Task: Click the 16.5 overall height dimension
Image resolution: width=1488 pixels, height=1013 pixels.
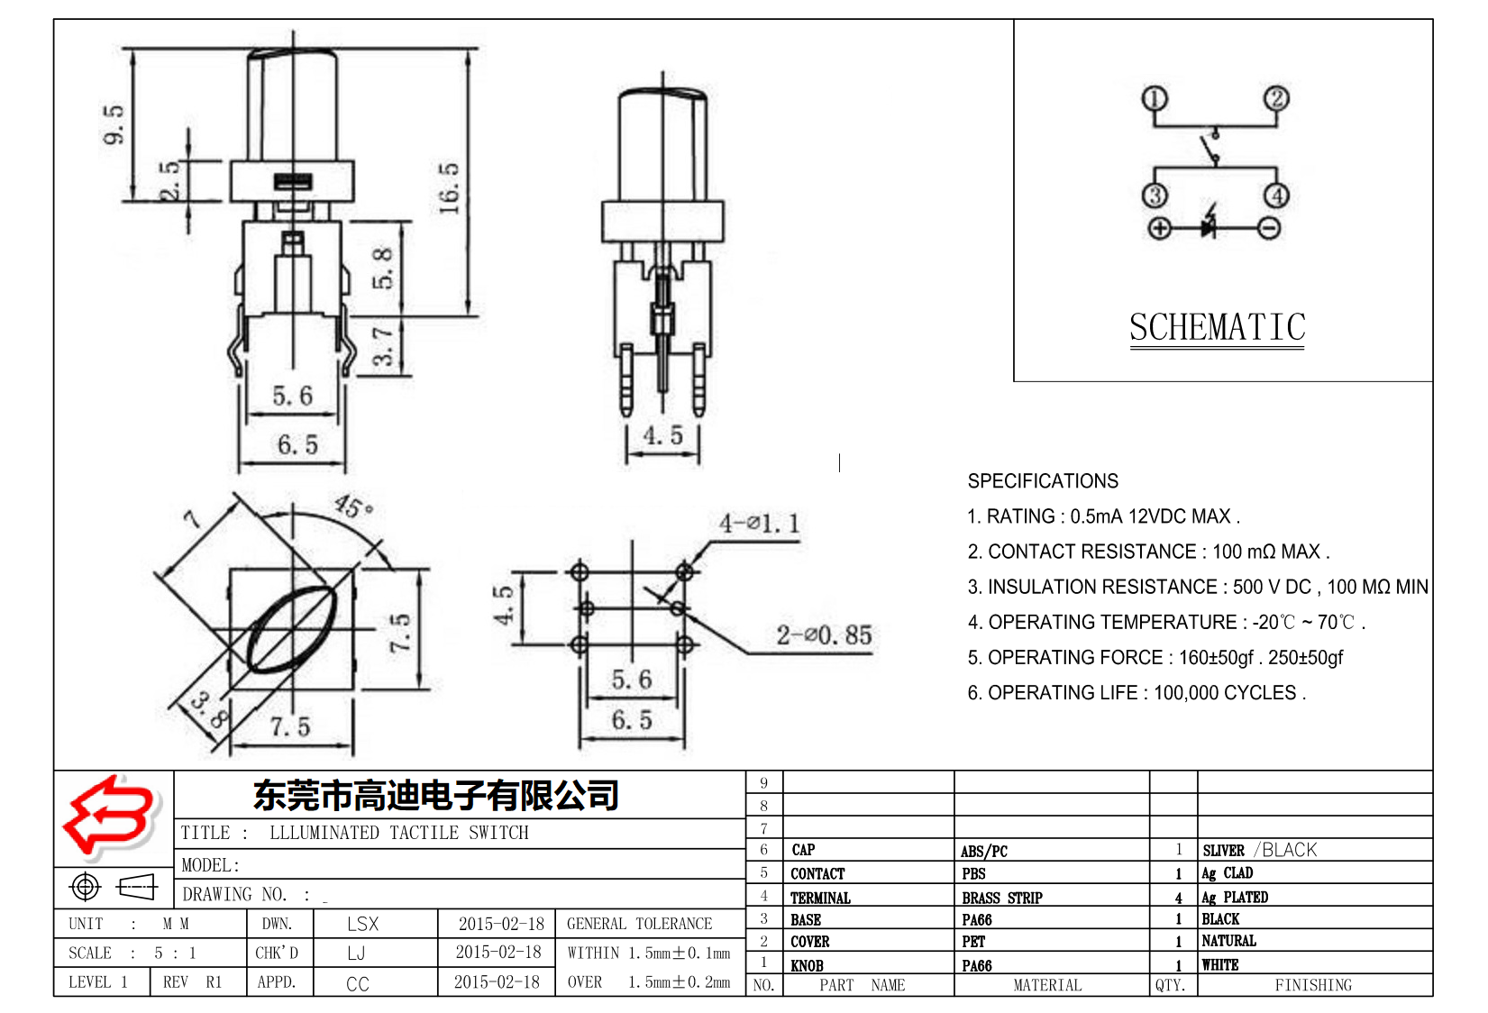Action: coord(449,187)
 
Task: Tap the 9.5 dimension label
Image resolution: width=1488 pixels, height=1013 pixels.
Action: coord(114,124)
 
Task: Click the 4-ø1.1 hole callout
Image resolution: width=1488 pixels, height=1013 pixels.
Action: coord(759,524)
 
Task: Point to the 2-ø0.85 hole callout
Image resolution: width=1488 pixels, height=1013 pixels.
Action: coord(824,635)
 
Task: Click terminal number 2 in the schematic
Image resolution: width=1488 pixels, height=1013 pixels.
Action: coord(1275,98)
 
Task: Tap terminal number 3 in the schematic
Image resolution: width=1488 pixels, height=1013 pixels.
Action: coord(1155,196)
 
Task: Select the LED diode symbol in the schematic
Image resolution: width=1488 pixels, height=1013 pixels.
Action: coord(1210,227)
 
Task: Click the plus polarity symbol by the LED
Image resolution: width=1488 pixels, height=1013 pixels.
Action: coord(1160,228)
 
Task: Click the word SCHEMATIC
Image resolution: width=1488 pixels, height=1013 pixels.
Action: coord(1217,327)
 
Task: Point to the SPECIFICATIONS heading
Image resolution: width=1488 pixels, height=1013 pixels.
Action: coord(1043,481)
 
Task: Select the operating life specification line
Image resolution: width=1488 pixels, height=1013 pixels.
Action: coord(1137,693)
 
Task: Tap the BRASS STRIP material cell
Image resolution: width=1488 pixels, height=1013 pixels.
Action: coord(1001,898)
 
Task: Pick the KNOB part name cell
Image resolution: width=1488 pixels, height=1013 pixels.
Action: coord(807,965)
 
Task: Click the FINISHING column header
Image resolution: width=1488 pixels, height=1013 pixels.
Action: coord(1312,985)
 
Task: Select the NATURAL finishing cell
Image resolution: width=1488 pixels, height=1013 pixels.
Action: coord(1228,941)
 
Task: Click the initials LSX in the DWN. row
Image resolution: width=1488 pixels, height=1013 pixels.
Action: coord(362,924)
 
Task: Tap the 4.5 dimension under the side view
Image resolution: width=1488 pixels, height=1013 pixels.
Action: coord(662,436)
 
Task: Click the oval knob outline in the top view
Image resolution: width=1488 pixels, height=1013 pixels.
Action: coord(291,628)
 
